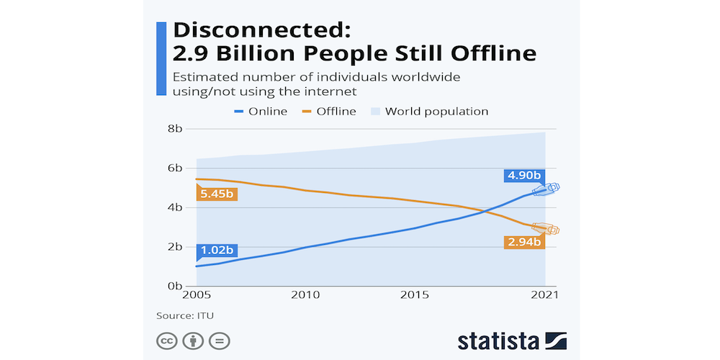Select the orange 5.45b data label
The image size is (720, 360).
(x=217, y=194)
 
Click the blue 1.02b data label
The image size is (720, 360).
(x=217, y=251)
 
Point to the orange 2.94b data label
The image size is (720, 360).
(x=523, y=241)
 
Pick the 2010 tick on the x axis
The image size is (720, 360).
(x=306, y=296)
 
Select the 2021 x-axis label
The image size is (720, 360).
(x=545, y=296)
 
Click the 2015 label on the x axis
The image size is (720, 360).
(x=415, y=296)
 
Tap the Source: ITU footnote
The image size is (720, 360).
(x=185, y=315)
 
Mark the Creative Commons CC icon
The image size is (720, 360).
(x=168, y=340)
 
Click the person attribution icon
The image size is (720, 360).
(x=193, y=340)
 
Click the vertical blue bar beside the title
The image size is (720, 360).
(x=161, y=58)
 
